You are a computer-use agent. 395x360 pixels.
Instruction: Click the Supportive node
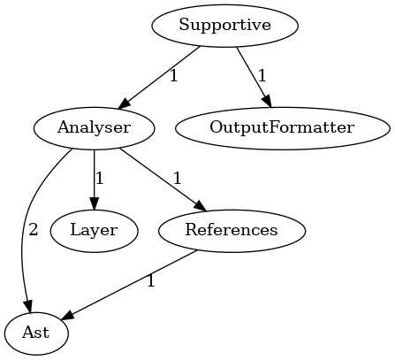point(225,26)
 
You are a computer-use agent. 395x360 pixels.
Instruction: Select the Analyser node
point(94,128)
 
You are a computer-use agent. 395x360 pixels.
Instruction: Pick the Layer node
point(94,231)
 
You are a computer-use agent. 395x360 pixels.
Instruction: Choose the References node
point(232,231)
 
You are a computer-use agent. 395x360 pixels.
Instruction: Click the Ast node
point(36,333)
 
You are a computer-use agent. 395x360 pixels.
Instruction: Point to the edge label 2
point(34,229)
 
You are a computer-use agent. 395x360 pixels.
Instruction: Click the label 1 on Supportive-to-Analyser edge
point(174,76)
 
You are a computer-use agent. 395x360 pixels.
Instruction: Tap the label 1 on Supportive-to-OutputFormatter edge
point(262,76)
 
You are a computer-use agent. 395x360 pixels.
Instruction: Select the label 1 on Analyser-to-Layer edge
point(100,179)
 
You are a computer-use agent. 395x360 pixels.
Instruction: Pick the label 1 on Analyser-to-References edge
point(177,179)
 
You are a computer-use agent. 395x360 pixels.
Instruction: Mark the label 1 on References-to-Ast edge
point(151,281)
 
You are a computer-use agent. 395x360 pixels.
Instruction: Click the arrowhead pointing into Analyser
point(124,104)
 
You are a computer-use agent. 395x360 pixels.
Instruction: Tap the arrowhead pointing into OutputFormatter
point(267,101)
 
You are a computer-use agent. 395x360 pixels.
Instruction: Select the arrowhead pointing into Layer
point(94,203)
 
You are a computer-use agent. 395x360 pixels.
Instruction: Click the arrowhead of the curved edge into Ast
point(28,306)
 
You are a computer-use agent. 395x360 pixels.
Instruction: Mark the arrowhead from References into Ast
point(67,315)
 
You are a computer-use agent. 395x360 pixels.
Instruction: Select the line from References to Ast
point(128,285)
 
